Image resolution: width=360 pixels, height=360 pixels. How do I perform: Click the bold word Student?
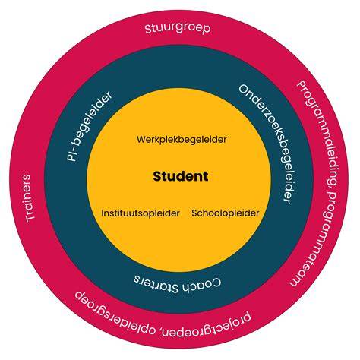click(x=181, y=176)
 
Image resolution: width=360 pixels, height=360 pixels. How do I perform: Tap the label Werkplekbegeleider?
click(x=182, y=140)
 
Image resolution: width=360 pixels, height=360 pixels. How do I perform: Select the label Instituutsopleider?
click(x=141, y=213)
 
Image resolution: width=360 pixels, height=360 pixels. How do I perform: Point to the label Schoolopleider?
click(x=226, y=213)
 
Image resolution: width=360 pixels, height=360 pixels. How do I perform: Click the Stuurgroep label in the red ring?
click(x=178, y=28)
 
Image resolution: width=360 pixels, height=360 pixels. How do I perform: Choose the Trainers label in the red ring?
click(x=30, y=198)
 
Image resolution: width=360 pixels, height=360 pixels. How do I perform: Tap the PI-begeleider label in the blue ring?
click(x=89, y=126)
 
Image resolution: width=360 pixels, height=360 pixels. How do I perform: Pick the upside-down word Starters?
click(x=156, y=283)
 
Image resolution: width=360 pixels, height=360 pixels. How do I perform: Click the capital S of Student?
click(x=157, y=176)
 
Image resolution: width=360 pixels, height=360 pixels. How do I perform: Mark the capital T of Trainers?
click(x=30, y=217)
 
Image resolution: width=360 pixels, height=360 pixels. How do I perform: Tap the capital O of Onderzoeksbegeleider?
click(x=244, y=90)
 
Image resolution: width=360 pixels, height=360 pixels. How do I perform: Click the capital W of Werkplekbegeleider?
click(x=141, y=139)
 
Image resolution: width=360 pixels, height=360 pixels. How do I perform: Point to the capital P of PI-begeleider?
click(x=71, y=157)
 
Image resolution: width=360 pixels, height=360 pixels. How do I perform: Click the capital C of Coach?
click(x=216, y=283)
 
